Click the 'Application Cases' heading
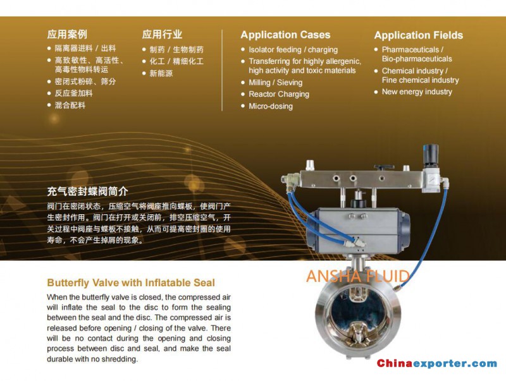coord(285,35)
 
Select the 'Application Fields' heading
coord(419,35)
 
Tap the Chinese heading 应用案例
coord(67,34)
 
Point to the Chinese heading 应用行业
coord(162,34)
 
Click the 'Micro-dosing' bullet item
coord(271,106)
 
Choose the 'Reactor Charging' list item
coord(279,94)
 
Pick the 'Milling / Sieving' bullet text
coord(276,83)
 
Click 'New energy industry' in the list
coord(417,92)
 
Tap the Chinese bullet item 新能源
coord(161,73)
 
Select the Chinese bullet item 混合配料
coord(70,105)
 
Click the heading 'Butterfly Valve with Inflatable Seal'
coord(131,282)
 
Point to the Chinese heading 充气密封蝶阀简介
coord(87,191)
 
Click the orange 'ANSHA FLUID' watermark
coord(358,276)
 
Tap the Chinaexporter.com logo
coord(437,363)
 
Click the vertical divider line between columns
coord(222,70)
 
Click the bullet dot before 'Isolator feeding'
coord(243,49)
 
